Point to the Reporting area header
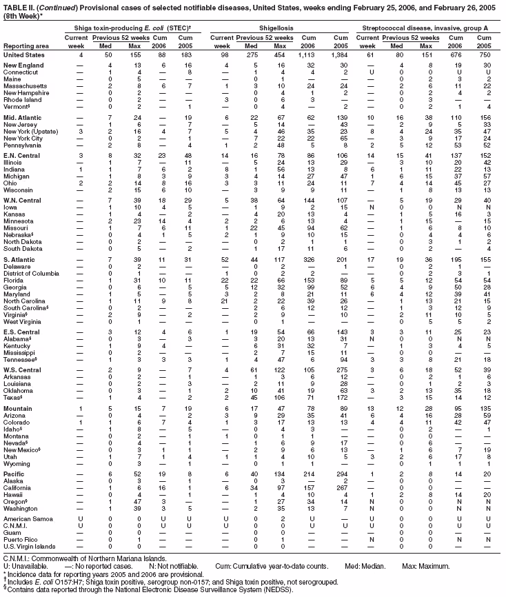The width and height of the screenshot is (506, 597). point(23,45)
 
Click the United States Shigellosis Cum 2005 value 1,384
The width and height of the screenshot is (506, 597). point(340,54)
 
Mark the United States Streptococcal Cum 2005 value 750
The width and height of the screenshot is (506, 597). point(486,54)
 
